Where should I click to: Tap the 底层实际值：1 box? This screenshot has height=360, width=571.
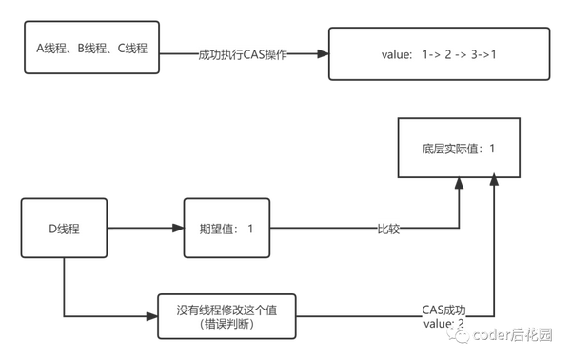[x=460, y=149]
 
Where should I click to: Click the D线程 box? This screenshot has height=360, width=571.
[x=63, y=229]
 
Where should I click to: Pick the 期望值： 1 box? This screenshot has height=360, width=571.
[x=226, y=230]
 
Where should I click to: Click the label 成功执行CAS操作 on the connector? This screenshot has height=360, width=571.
[x=242, y=53]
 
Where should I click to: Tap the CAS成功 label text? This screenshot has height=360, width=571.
[x=443, y=310]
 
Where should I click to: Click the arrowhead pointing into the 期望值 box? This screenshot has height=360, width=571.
[x=176, y=230]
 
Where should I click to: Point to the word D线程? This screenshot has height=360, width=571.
[x=63, y=229]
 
